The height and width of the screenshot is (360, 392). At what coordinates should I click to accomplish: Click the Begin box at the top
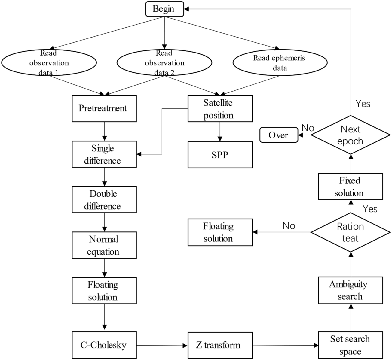164,9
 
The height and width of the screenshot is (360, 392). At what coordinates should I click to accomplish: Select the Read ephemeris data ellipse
280,63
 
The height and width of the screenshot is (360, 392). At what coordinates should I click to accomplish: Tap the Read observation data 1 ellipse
49,63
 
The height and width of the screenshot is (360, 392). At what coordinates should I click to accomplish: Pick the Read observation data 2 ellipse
164,63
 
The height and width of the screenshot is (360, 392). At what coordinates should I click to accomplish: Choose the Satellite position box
220,109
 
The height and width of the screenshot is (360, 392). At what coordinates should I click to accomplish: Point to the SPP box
220,155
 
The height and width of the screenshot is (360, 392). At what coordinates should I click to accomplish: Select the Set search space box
350,345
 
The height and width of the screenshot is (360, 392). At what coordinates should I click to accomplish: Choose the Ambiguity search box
350,290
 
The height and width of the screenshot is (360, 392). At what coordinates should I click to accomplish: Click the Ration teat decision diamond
350,232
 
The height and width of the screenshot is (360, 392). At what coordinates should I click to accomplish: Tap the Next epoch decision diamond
350,135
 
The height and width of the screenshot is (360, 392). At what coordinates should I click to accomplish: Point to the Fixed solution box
350,186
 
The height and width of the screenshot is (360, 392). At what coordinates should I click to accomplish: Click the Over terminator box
279,135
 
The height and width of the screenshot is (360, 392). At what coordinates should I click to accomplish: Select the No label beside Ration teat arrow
289,226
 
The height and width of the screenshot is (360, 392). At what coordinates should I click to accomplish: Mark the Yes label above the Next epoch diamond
363,104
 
